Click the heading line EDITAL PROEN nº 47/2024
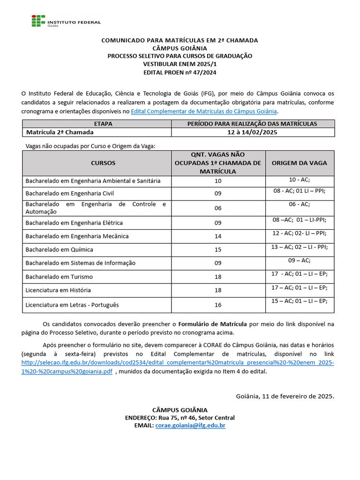pos(180,72)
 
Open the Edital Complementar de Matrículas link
pos(204,111)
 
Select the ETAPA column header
pos(97,124)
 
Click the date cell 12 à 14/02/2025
pos(252,132)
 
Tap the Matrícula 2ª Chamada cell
pos(60,132)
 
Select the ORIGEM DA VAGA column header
pos(299,163)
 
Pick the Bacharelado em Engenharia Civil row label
pos(69,193)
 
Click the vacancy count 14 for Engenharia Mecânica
pos(217,236)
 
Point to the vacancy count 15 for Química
pos(217,249)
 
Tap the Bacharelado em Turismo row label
pos(59,277)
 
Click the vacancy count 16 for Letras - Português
pos(217,305)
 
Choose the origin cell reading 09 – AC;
pos(299,260)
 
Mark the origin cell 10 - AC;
pos(299,180)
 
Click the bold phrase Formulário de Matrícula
pos(212,324)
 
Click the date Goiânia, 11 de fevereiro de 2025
pos(285,396)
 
